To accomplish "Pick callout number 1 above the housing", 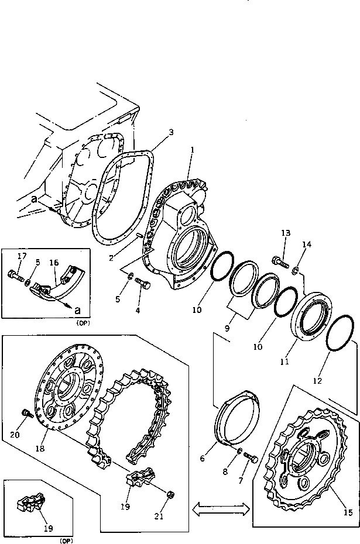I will point(191,150).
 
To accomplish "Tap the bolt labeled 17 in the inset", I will point(16,274).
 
